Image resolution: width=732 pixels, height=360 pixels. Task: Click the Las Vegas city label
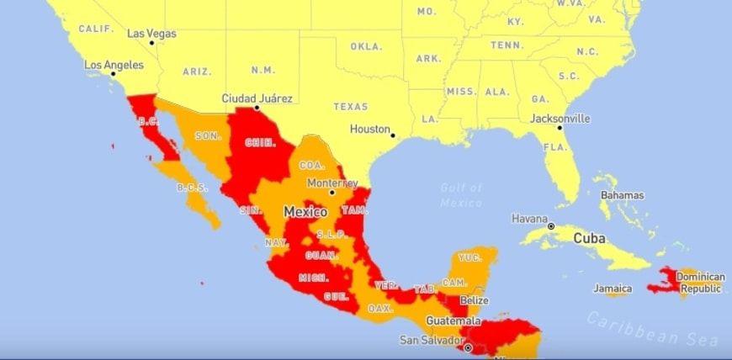(x=152, y=34)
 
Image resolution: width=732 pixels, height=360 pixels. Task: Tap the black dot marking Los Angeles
(x=113, y=74)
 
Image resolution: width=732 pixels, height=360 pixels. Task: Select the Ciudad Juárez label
(x=257, y=98)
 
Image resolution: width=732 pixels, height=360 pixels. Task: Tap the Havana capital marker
(x=551, y=226)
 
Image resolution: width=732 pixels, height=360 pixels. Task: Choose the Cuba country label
(x=590, y=238)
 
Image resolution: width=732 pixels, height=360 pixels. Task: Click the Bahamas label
(x=623, y=195)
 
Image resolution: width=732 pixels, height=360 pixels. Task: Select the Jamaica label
(x=613, y=289)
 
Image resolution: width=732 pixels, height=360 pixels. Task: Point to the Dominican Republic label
(x=701, y=282)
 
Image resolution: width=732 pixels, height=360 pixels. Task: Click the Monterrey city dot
(x=332, y=193)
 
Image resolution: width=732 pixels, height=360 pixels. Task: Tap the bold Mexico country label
(x=305, y=212)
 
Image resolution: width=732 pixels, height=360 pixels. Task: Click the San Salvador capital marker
(x=468, y=347)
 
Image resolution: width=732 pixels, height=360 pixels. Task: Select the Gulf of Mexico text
(x=461, y=195)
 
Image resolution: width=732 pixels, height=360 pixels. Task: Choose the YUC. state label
(x=469, y=257)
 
